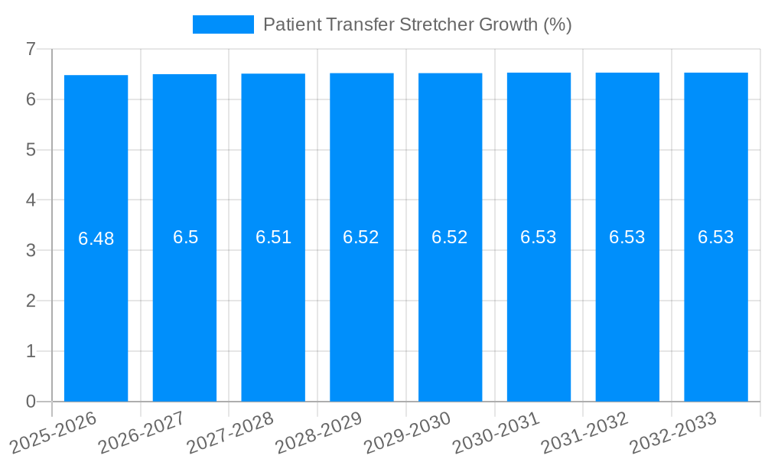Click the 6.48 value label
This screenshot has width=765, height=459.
[96, 239]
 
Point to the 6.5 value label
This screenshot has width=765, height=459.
[185, 237]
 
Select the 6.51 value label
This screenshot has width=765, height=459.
[273, 237]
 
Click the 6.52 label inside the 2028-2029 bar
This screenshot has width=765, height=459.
[361, 237]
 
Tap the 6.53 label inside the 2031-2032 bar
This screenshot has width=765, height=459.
[627, 237]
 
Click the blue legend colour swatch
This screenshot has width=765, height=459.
[223, 24]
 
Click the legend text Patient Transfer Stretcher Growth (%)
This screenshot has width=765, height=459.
[417, 24]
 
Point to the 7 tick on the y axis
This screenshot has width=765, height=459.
[31, 49]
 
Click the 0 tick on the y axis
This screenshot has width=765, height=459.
[31, 402]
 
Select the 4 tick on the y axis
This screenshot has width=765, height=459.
[31, 200]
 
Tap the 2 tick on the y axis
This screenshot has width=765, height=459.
[31, 301]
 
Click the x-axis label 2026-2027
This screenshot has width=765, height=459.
[142, 431]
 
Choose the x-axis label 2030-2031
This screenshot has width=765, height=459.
[496, 431]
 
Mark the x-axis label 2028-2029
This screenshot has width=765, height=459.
[319, 431]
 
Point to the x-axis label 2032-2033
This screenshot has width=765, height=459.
[673, 431]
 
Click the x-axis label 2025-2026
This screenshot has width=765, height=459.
[54, 431]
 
